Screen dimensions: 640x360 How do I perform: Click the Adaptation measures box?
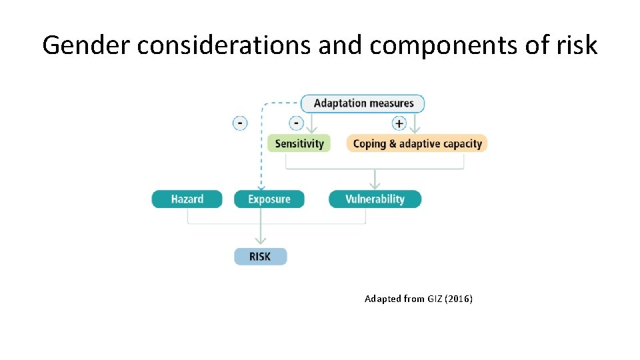[x=363, y=103]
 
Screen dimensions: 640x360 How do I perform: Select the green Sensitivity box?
[x=299, y=143]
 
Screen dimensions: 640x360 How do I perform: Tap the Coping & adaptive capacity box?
[x=417, y=143]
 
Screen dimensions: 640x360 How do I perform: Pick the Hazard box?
[x=187, y=199]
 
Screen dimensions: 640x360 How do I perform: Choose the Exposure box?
[x=269, y=199]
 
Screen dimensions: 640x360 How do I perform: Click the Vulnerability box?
[x=375, y=199]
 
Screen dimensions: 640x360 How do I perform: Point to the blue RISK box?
[x=260, y=256]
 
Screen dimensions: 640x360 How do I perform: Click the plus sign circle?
[x=399, y=123]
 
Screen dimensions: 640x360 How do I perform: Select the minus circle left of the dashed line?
[x=240, y=123]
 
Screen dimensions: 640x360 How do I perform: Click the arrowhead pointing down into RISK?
[x=260, y=242]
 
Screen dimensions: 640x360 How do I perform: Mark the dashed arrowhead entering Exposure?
[x=261, y=187]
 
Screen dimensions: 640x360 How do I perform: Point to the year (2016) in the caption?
[x=459, y=299]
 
